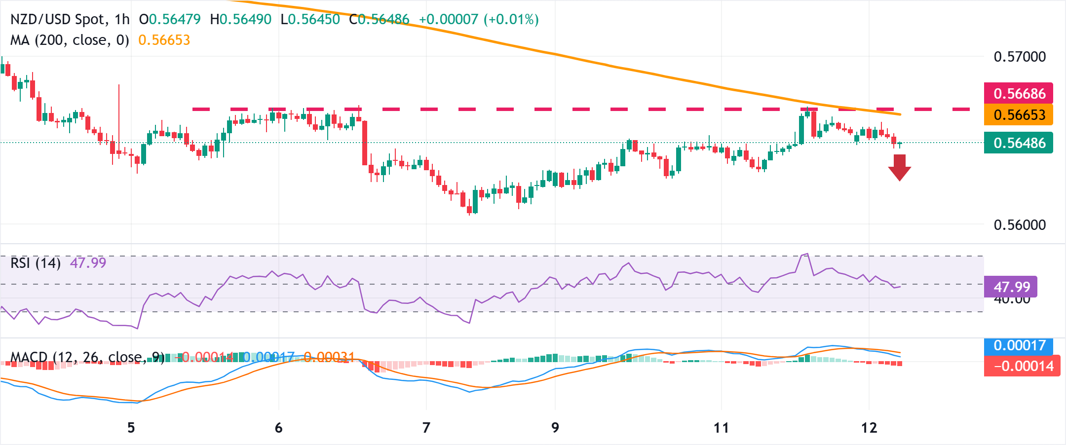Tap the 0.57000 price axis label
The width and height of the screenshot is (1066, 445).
(1019, 57)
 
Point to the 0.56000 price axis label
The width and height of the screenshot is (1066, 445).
(1019, 225)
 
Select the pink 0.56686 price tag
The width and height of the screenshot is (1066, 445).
(1019, 93)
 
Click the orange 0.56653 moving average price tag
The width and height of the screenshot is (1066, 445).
(1019, 114)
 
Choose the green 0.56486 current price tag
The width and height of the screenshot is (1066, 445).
(1019, 143)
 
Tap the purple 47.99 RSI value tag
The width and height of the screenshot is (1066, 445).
(1011, 287)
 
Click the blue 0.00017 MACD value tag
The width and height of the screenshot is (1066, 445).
(1019, 345)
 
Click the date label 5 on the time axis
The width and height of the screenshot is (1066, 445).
(131, 428)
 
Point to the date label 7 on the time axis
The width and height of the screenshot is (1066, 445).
(426, 428)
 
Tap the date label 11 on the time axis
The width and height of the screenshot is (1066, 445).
(721, 428)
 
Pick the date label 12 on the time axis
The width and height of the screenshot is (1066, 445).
(869, 428)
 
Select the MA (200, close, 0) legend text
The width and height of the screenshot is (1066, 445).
(70, 40)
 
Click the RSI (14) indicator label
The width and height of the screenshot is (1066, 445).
(36, 263)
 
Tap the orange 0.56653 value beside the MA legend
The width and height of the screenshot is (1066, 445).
(164, 40)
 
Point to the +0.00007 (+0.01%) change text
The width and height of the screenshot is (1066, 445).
(478, 19)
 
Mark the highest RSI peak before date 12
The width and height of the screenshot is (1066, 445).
(807, 254)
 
